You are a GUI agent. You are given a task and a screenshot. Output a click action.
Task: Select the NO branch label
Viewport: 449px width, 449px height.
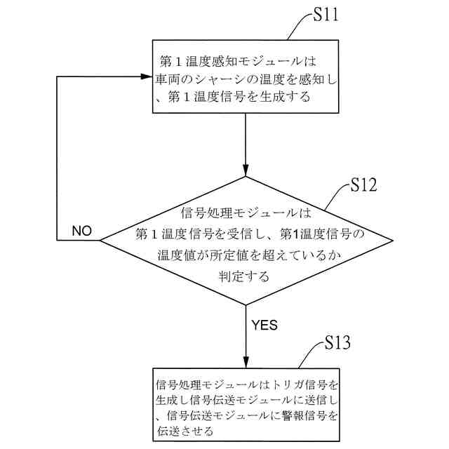82,231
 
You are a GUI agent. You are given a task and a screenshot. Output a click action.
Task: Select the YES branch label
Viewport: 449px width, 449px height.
264,325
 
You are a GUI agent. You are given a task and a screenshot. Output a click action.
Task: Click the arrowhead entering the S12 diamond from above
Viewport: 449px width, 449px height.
246,170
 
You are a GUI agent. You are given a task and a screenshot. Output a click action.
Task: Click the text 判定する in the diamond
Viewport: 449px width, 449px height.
244,276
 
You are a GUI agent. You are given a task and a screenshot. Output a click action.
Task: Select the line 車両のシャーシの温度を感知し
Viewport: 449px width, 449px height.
246,78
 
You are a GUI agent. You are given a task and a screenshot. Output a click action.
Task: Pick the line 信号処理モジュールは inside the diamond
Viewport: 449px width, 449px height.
245,210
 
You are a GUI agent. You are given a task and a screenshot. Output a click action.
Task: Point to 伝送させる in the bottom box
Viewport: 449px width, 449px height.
184,432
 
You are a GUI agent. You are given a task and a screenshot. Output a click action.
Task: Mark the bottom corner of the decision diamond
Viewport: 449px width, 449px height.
246,304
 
